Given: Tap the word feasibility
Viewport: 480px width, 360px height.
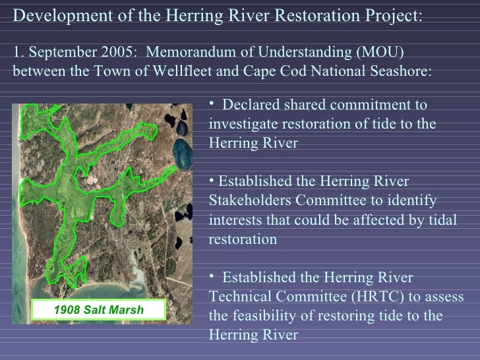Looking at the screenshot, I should pyautogui.click(x=267, y=316).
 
